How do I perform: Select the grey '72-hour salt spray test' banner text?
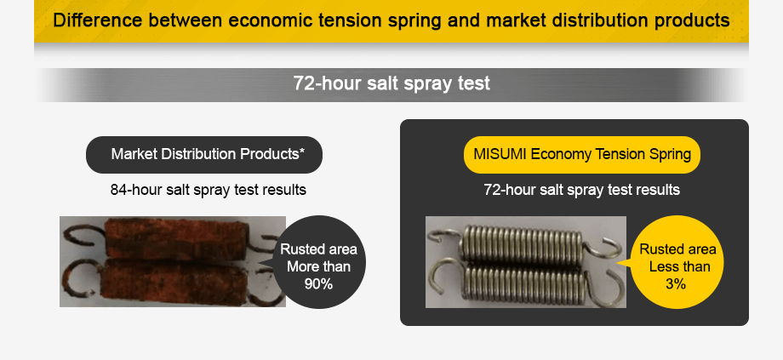(x=391, y=83)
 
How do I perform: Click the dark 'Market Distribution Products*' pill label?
(x=204, y=154)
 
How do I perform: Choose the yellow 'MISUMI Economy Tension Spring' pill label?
(x=582, y=154)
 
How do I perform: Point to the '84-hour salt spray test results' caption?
(x=209, y=190)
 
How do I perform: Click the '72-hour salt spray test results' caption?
(x=582, y=190)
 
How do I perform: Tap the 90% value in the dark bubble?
(x=318, y=284)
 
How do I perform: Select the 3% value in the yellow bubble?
(x=676, y=284)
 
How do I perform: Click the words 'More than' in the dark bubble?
(x=318, y=267)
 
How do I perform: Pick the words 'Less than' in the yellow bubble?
(x=677, y=267)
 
